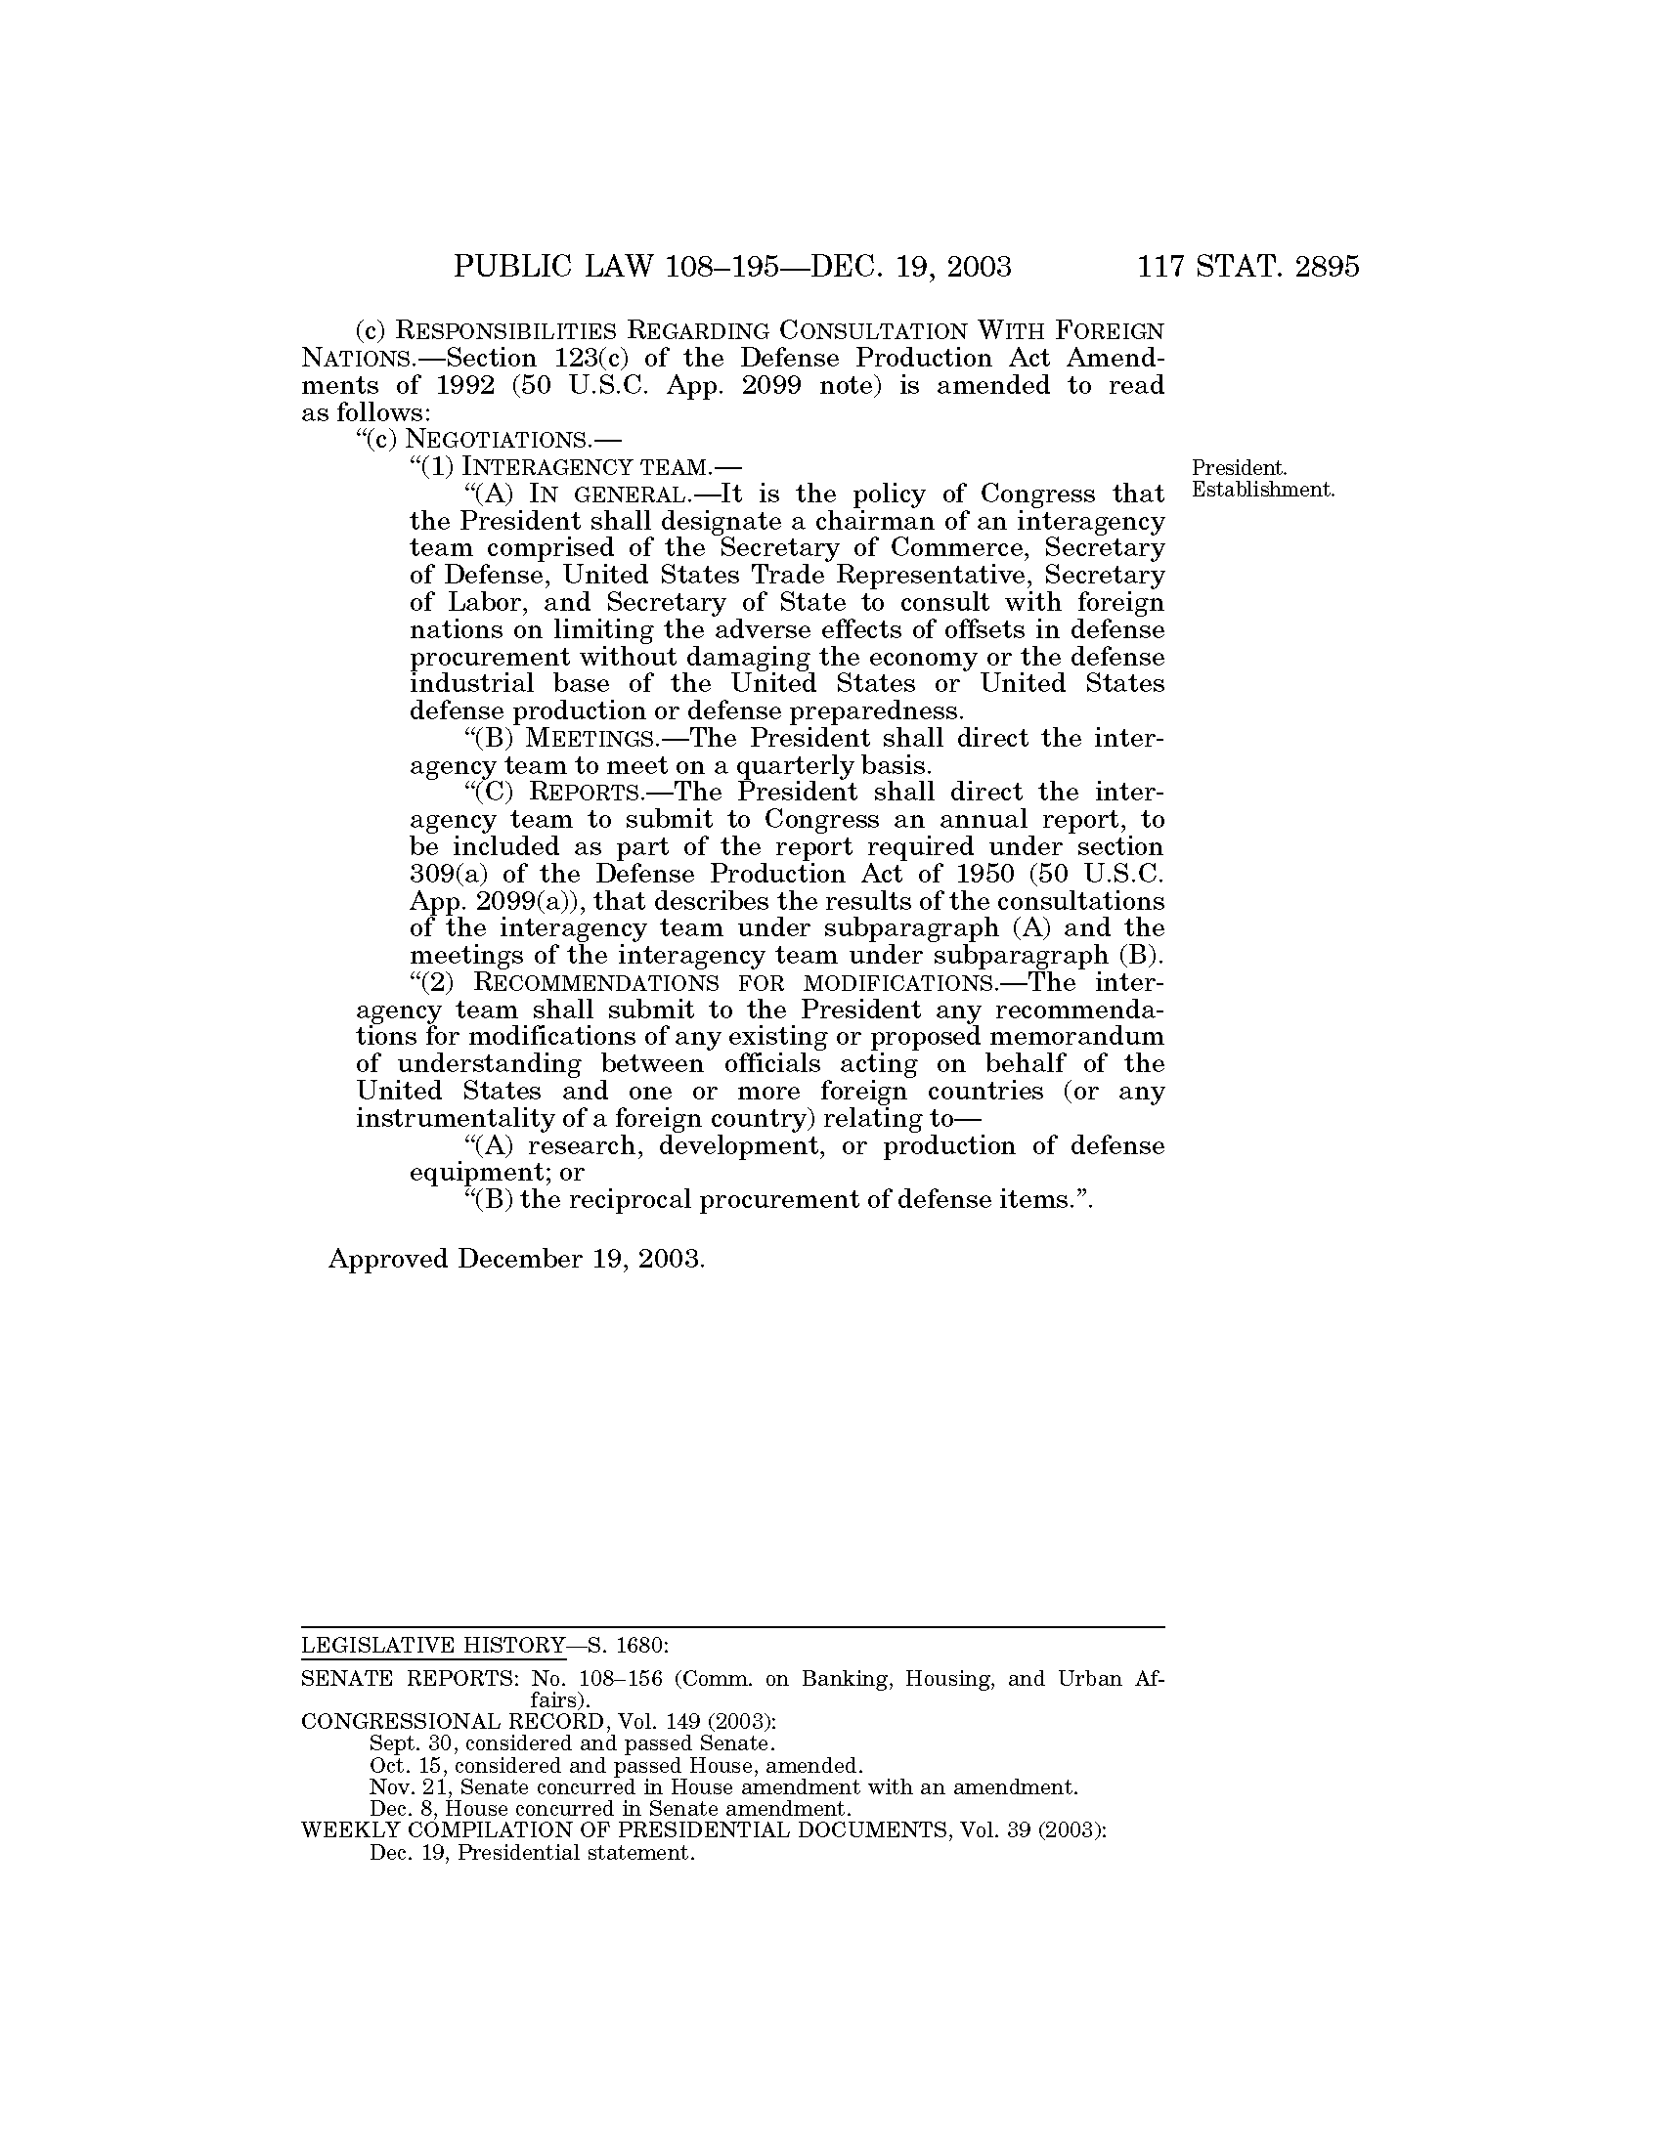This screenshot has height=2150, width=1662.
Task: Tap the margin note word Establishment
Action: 1263,490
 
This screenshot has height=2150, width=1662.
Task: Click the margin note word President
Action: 1240,467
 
